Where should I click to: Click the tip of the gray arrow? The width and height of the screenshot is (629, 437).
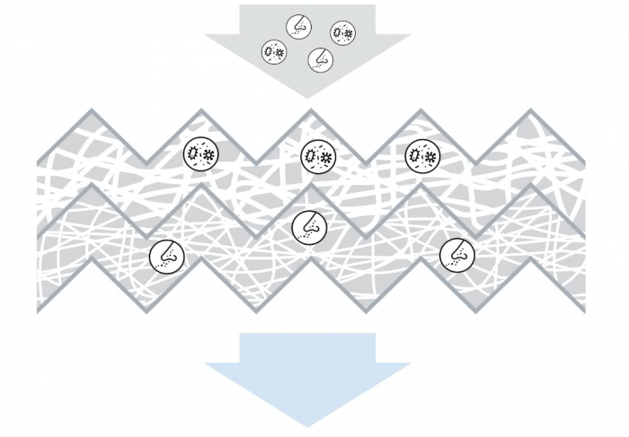tap(307, 97)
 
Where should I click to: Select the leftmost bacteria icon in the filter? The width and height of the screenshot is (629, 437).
tap(199, 154)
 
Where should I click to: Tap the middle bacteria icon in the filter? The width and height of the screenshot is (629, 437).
tap(316, 156)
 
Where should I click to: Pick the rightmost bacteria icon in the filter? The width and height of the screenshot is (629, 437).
tap(422, 156)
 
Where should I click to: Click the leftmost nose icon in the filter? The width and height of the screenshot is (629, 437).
tap(164, 256)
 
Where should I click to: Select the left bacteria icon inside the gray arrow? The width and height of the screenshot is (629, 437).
tap(274, 53)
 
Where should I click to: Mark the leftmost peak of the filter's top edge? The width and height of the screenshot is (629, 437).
tap(90, 111)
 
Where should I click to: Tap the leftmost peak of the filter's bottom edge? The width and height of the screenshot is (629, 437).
tap(90, 260)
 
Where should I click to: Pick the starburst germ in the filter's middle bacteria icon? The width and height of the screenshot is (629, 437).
tap(324, 157)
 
